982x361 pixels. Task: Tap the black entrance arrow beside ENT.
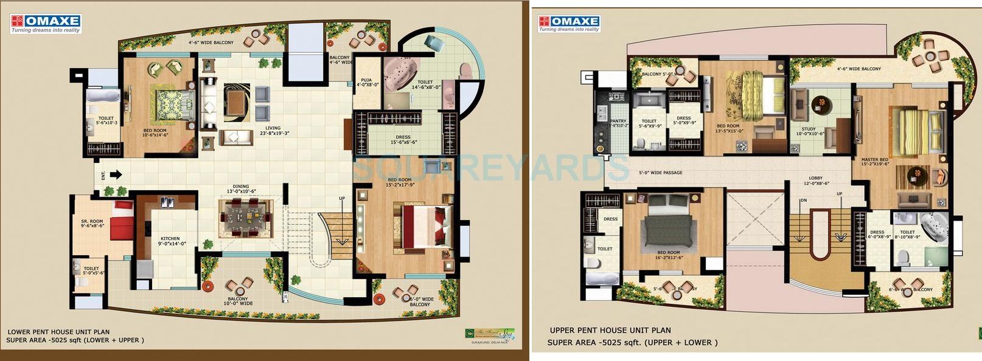coord(116,175)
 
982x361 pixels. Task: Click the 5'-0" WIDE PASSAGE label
coord(660,173)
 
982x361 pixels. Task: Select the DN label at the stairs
coord(803,201)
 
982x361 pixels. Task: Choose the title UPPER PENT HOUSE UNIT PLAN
coord(610,331)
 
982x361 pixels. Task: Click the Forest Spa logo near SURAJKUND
coord(489,333)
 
